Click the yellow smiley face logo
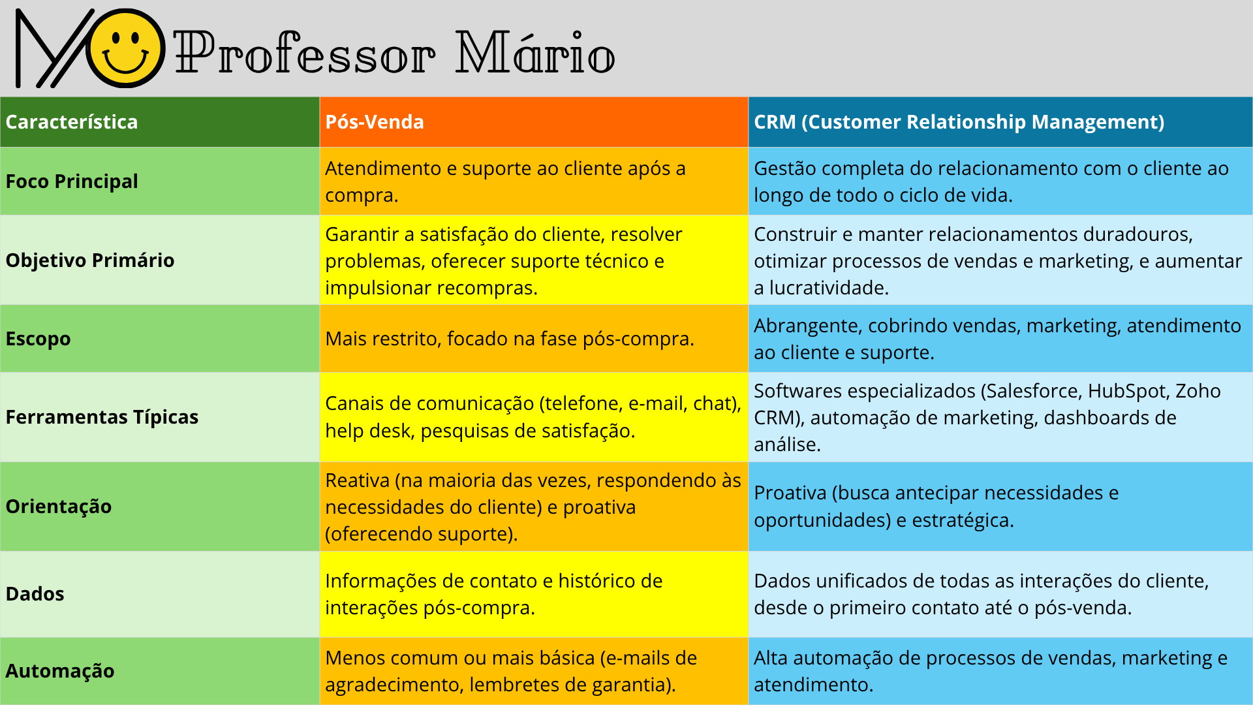[125, 48]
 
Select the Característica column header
[72, 122]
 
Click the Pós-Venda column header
[375, 122]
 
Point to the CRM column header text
[959, 122]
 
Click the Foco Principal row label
[72, 181]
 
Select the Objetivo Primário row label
[90, 260]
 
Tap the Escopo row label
[38, 339]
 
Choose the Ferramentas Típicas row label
[102, 417]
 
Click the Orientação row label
[59, 507]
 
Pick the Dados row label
[35, 594]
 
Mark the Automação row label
[60, 671]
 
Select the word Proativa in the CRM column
[790, 493]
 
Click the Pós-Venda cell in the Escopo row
[510, 339]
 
